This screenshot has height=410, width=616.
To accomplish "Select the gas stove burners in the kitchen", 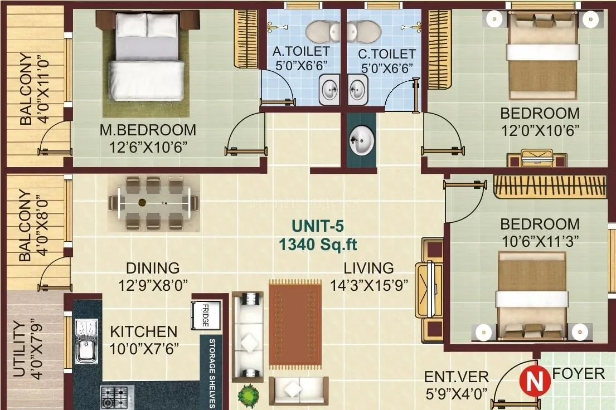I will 117,397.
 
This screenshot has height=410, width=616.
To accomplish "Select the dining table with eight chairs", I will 153,203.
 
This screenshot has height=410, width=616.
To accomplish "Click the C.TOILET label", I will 386,54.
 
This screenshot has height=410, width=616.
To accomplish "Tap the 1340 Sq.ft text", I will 318,244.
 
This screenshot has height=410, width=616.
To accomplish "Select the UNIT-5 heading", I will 318,227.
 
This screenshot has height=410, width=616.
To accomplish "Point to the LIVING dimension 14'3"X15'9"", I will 368,285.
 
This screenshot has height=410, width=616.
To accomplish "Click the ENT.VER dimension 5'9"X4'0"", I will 455,393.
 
